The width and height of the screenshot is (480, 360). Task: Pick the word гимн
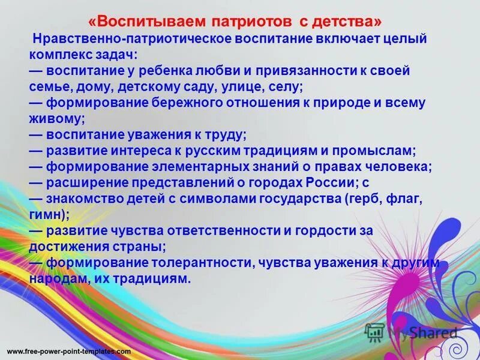(48, 214)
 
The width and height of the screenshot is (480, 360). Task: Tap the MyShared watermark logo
(414, 332)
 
